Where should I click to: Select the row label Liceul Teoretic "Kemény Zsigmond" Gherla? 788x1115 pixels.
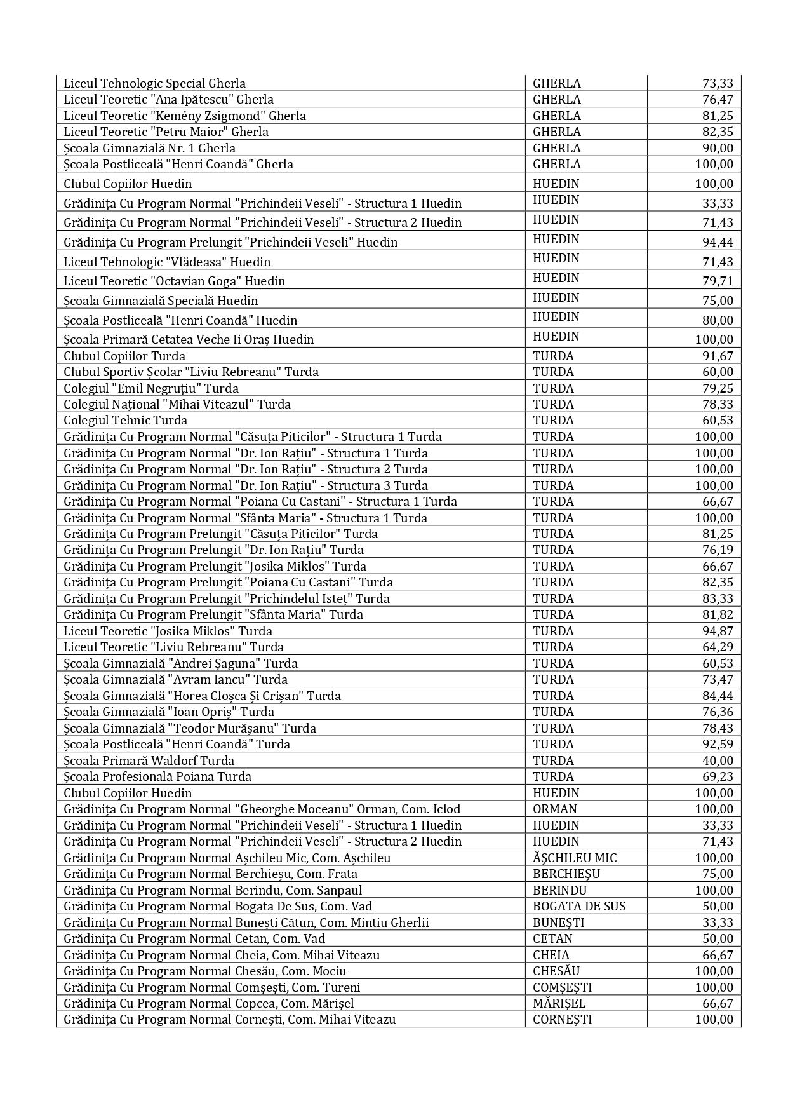185,116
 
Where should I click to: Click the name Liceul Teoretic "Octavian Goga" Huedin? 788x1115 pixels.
175,281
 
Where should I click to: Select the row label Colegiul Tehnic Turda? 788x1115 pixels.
126,420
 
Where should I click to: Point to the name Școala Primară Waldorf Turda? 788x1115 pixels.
149,760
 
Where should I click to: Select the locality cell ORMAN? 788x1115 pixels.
555,809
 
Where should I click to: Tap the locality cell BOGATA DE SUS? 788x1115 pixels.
579,906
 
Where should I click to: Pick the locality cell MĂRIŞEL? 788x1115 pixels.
559,1003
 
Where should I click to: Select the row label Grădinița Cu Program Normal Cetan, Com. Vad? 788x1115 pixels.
194,938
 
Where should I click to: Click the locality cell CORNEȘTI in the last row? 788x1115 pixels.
563,1019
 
